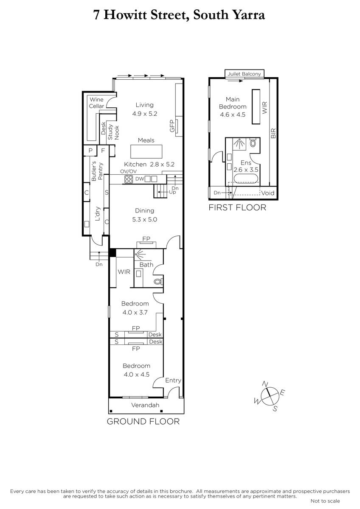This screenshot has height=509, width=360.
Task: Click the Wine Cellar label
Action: (x=96, y=103)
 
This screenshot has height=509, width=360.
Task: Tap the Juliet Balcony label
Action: (x=244, y=74)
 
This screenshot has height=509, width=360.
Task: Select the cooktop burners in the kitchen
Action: (x=129, y=179)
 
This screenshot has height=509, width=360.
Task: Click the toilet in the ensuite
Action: (x=253, y=143)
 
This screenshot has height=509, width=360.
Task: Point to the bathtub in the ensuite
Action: (x=246, y=178)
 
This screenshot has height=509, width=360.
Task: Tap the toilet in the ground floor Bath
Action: (x=158, y=282)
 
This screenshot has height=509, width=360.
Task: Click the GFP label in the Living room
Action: (x=172, y=126)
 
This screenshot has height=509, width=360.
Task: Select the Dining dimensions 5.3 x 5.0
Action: (x=144, y=220)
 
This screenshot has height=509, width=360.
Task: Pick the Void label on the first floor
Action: (x=268, y=193)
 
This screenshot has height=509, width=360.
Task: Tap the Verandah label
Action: (x=145, y=405)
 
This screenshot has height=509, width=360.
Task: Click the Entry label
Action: (x=173, y=380)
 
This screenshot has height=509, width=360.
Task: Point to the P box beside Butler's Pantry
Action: (x=90, y=151)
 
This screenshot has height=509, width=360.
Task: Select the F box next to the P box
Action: (x=103, y=151)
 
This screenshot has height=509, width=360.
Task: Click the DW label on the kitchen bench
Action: (x=140, y=179)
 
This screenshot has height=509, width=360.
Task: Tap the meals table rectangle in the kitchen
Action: (x=146, y=151)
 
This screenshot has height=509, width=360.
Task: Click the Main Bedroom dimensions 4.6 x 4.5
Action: (x=232, y=115)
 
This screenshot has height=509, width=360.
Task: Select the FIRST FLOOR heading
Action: (x=237, y=207)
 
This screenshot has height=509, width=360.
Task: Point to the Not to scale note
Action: (x=325, y=501)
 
